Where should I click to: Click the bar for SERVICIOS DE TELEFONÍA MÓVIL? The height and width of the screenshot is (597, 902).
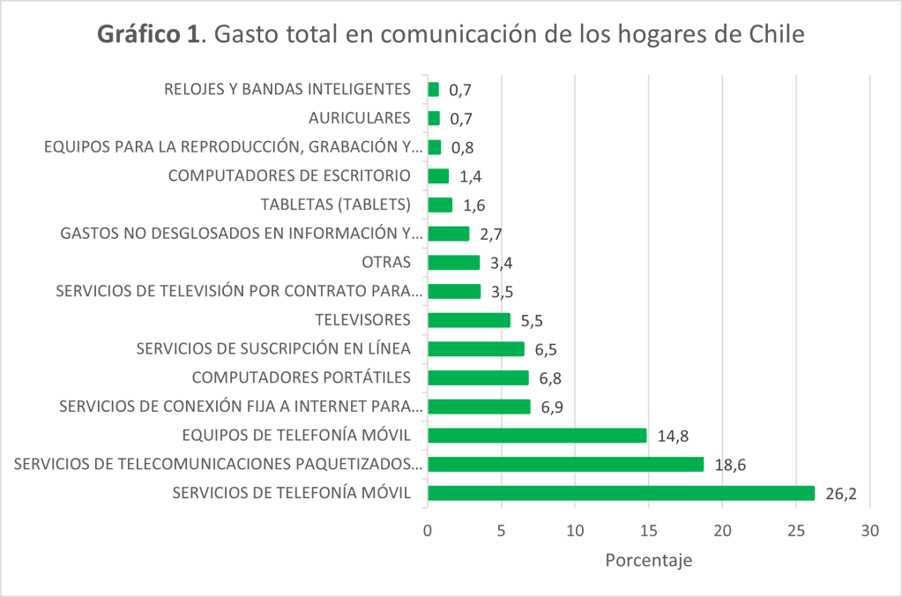coord(621,493)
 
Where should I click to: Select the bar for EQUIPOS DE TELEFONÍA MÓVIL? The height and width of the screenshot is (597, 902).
coord(537,436)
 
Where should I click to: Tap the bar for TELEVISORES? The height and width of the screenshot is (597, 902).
coord(468,320)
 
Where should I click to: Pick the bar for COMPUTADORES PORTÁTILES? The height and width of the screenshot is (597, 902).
coord(478,377)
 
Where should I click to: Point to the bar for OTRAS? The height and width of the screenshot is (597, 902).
coord(453,262)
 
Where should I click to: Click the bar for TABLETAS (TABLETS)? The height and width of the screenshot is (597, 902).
coord(440,205)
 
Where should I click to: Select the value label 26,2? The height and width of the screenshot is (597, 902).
coord(840,494)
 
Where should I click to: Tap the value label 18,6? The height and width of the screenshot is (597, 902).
coord(729,465)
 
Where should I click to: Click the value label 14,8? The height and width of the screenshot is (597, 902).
coord(672,436)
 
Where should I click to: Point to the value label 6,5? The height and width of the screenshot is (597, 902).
coord(546,349)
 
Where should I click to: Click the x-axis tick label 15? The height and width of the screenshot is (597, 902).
coord(648,531)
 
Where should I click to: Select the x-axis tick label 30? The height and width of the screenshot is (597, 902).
coord(870,531)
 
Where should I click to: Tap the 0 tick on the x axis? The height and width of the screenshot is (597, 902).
coord(428,531)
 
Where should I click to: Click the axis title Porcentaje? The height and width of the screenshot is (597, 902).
coord(648,561)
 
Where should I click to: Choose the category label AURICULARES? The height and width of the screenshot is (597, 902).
coord(360,118)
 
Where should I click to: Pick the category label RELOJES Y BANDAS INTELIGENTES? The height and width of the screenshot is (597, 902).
coord(288,89)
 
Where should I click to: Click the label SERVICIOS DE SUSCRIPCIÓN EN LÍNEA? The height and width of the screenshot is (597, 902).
coord(274,349)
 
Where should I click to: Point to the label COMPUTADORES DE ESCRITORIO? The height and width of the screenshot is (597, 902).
coord(290,175)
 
